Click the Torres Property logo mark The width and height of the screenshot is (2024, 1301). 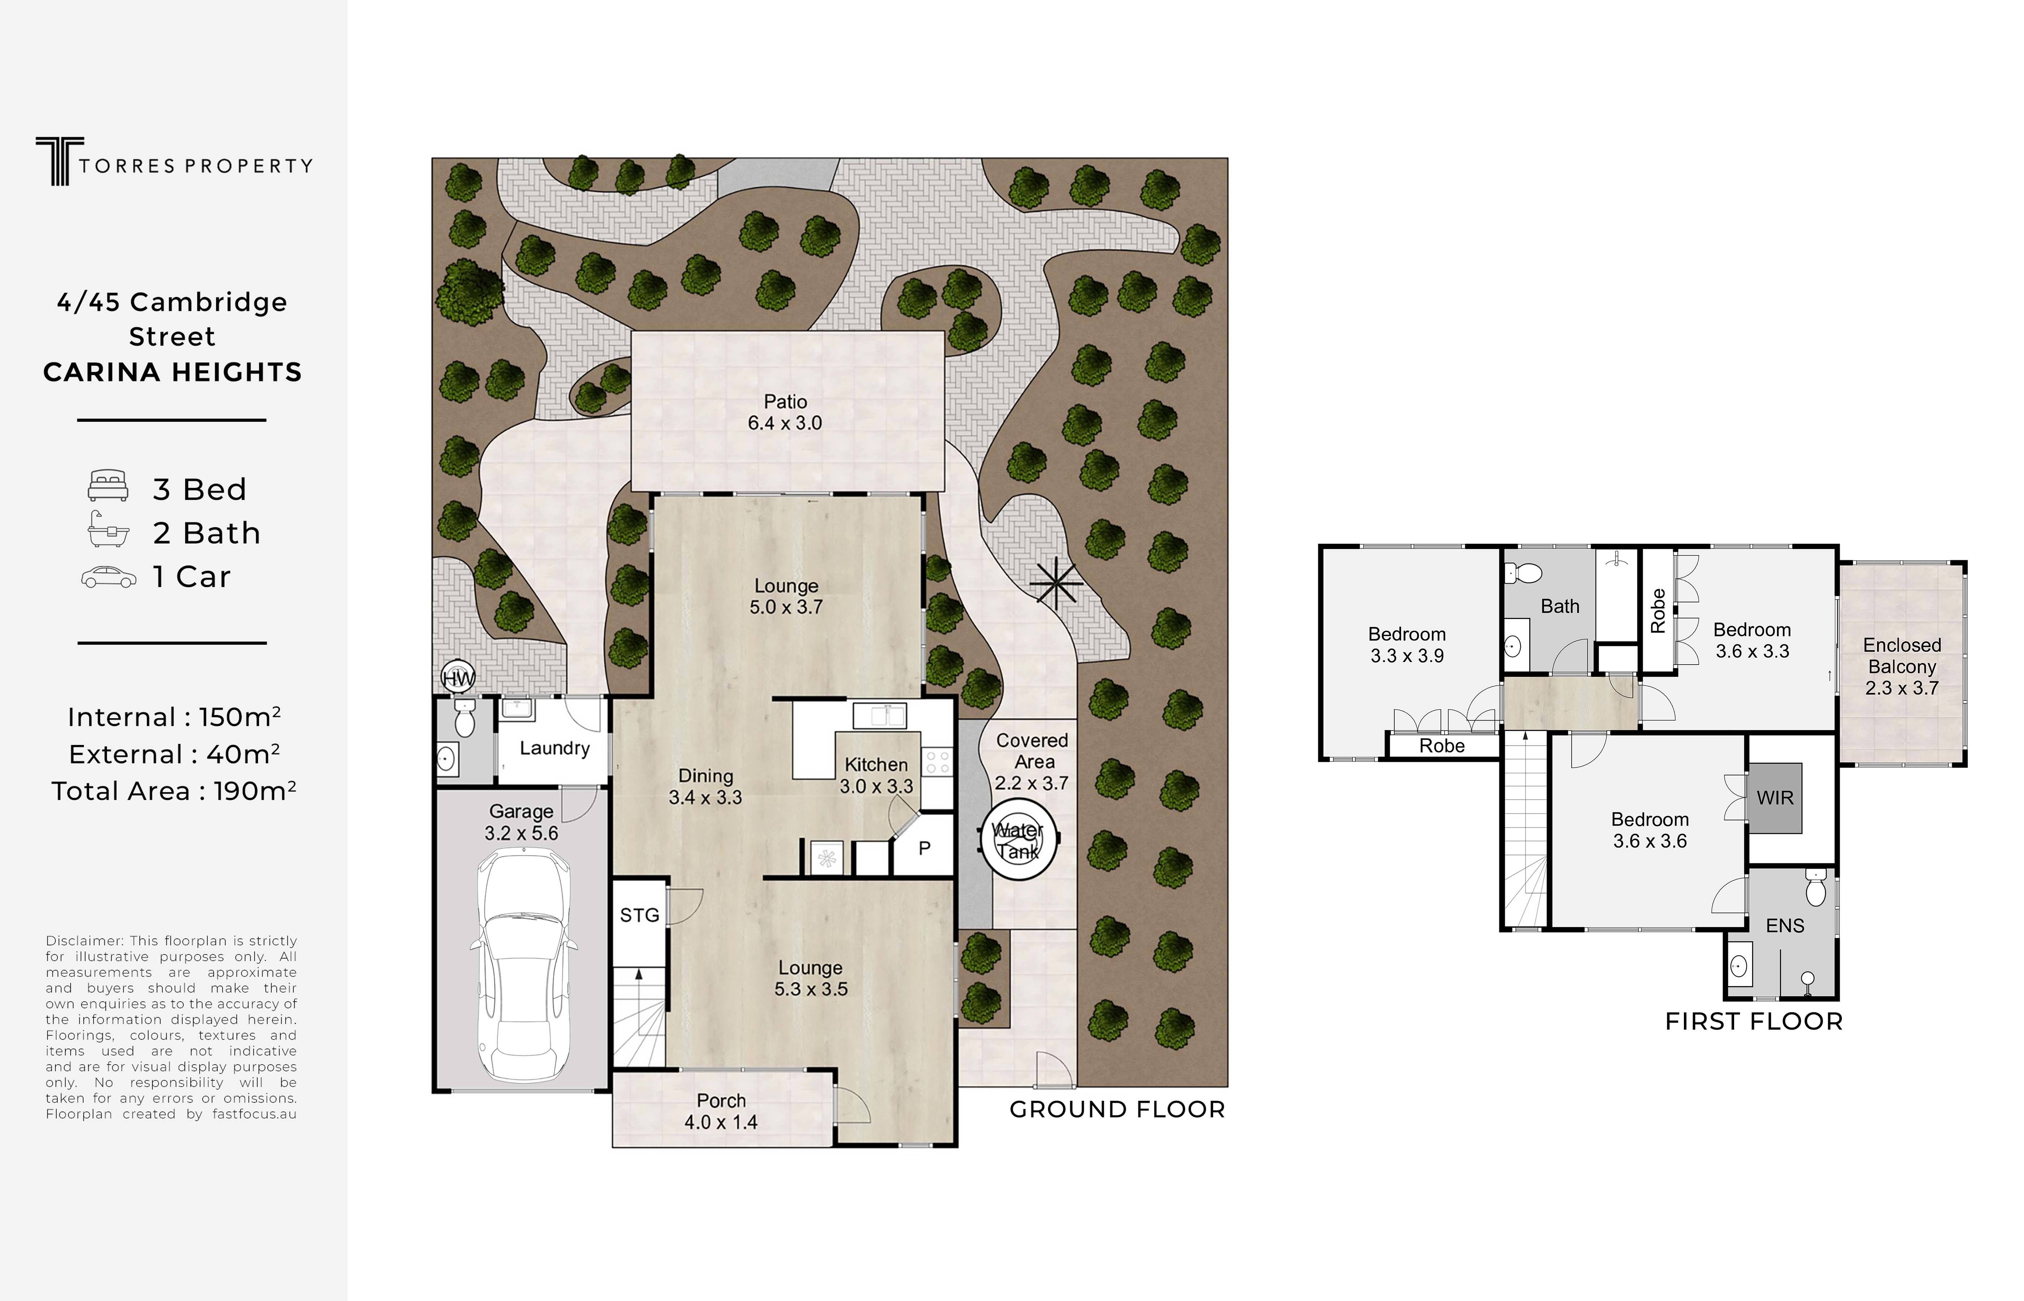click(x=59, y=161)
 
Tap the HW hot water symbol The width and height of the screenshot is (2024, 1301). click(x=458, y=678)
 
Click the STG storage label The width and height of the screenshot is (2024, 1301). click(x=639, y=915)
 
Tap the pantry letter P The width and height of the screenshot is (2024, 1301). click(x=924, y=847)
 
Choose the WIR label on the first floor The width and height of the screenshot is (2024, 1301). click(x=1775, y=798)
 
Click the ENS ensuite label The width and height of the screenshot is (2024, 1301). click(x=1785, y=926)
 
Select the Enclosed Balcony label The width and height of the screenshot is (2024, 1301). click(x=1901, y=666)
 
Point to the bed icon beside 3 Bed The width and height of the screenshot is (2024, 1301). click(x=108, y=486)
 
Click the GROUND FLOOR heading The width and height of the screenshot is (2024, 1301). click(x=1117, y=1109)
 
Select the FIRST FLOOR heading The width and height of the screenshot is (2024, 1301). click(x=1754, y=1021)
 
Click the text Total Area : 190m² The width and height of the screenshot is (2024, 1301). click(x=174, y=791)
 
